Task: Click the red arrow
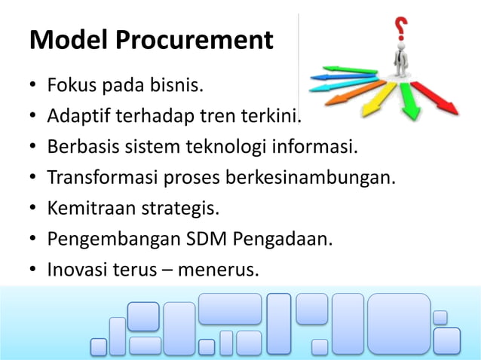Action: [x=438, y=99]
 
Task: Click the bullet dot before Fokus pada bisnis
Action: [x=34, y=89]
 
